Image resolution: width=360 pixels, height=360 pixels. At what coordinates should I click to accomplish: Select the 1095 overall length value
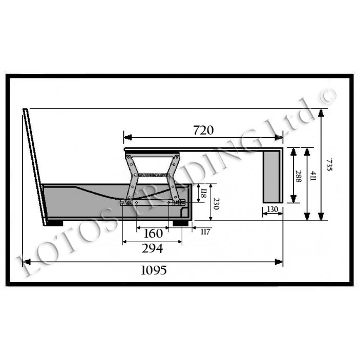click(x=154, y=270)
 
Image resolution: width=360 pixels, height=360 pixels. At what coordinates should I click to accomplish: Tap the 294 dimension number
click(x=152, y=249)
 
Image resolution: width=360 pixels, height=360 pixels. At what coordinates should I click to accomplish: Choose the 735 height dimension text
click(x=329, y=164)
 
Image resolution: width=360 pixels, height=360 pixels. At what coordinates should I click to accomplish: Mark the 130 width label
click(x=272, y=209)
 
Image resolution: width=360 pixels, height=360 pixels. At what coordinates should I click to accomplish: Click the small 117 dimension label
click(x=206, y=232)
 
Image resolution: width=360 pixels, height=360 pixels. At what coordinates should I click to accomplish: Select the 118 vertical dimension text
click(x=203, y=193)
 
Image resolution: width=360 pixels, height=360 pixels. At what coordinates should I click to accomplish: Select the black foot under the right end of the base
click(x=180, y=223)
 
